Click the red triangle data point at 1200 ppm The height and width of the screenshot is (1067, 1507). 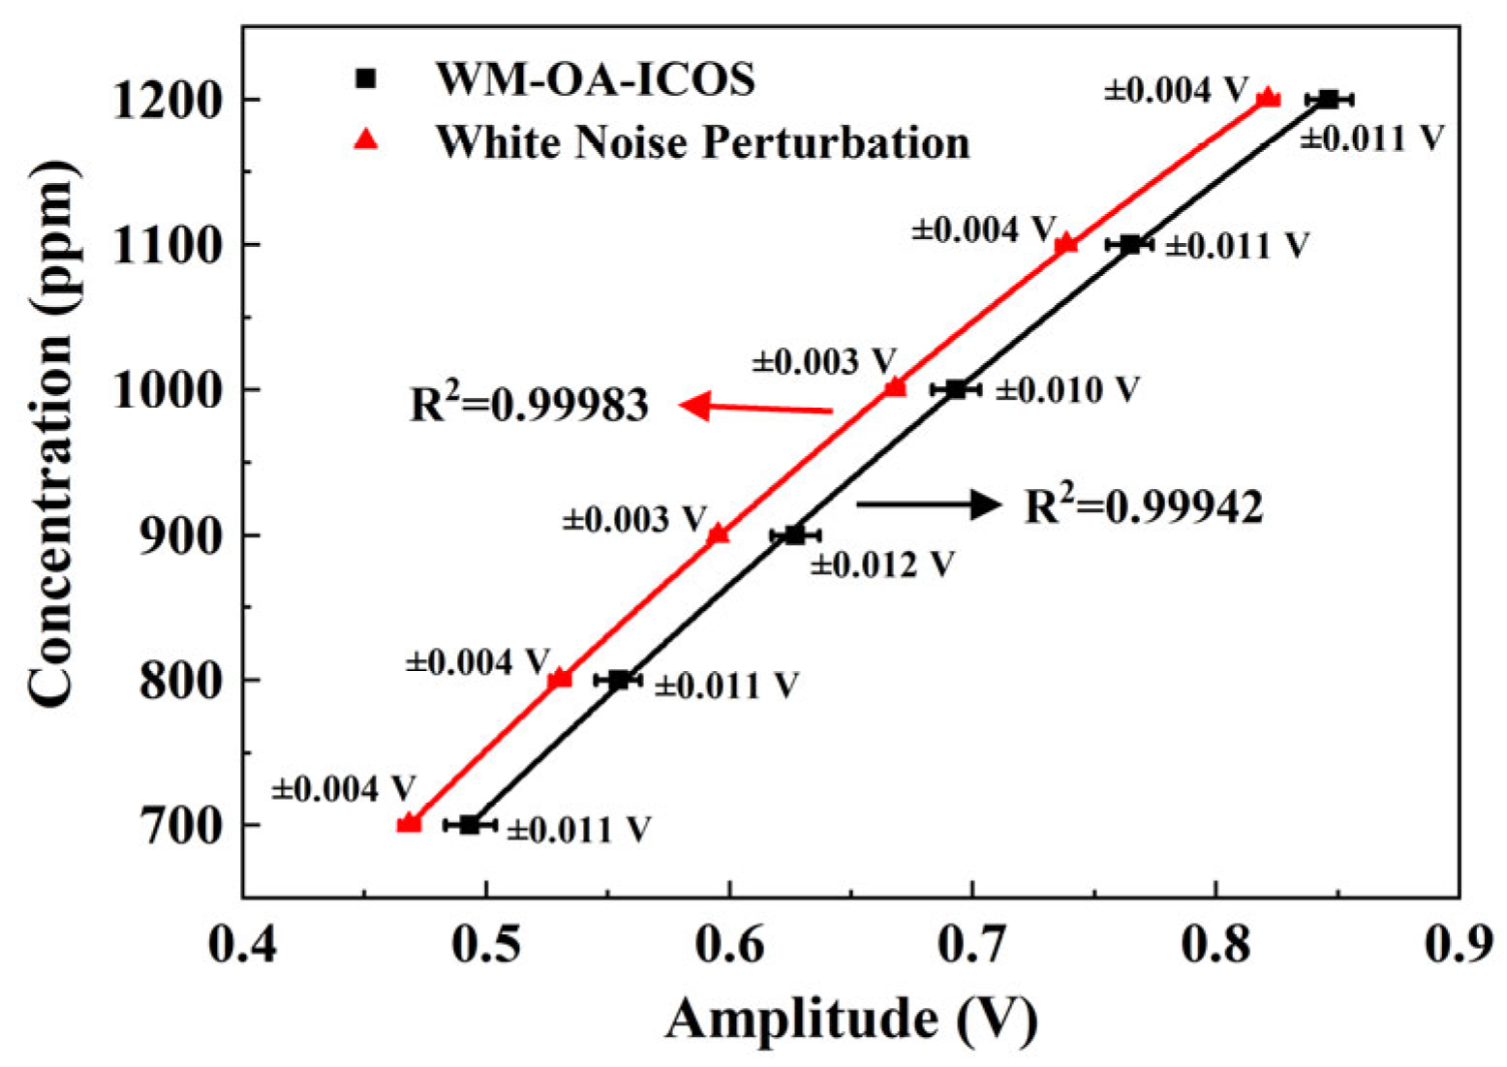(x=1267, y=98)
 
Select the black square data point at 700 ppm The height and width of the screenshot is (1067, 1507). (x=470, y=824)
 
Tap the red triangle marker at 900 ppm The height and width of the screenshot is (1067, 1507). (x=718, y=534)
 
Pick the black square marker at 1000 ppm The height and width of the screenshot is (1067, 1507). (x=956, y=389)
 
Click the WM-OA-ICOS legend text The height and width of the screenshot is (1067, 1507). (x=595, y=78)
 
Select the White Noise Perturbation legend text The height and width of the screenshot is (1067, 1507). (x=702, y=142)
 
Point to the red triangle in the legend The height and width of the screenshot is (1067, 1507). (x=366, y=141)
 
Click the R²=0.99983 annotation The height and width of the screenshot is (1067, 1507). (x=529, y=404)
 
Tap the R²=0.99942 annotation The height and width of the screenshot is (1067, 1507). (x=1144, y=505)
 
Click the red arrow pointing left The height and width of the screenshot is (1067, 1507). (x=755, y=407)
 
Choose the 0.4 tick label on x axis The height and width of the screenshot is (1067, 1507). (x=243, y=945)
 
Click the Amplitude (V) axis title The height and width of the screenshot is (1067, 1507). (x=851, y=1020)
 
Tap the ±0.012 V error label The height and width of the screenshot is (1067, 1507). (x=882, y=564)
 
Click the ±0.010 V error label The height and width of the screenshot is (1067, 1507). (x=1067, y=390)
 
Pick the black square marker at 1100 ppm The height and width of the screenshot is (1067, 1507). (x=1129, y=244)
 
